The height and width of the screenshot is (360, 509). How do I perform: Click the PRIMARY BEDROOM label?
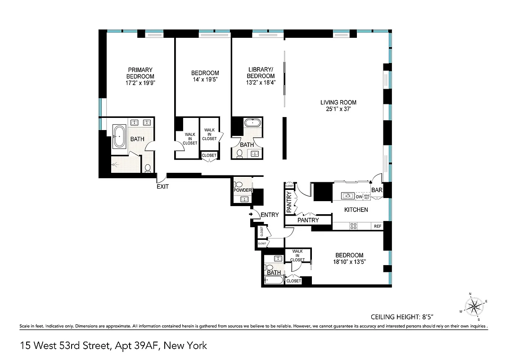tap(140, 73)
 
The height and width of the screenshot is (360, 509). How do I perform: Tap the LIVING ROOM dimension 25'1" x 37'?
tap(338, 109)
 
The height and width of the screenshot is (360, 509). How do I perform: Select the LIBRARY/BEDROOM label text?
tap(261, 72)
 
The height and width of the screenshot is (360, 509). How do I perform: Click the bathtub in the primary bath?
tap(119, 136)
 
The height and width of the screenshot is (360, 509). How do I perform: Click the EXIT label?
tap(162, 186)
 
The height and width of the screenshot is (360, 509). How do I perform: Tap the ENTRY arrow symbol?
tap(251, 215)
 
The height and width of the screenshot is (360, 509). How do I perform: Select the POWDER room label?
tap(242, 190)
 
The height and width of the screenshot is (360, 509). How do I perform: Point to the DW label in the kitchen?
tap(359, 197)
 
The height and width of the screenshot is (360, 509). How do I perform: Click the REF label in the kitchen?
tap(377, 226)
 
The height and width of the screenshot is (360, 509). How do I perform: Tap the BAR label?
tap(377, 190)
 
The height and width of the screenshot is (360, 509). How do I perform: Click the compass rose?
tap(473, 307)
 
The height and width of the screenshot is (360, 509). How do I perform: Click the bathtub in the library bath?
tap(252, 122)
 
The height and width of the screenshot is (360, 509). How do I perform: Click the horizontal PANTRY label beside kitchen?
tap(308, 220)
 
